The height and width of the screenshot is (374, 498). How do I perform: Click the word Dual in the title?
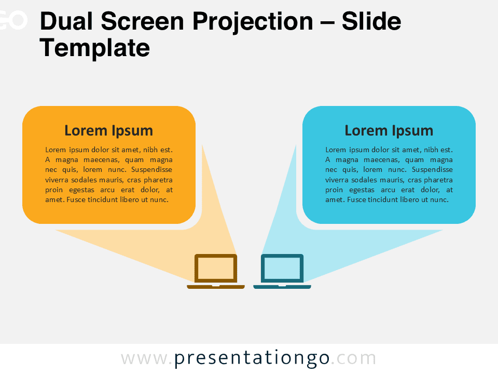[x=67, y=22]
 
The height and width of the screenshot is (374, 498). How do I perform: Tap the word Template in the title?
[x=94, y=48]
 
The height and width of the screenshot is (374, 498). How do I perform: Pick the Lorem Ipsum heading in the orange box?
[x=108, y=130]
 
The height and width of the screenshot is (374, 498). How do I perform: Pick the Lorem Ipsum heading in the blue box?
[x=389, y=130]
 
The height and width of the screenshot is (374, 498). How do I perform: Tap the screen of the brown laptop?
[x=216, y=268]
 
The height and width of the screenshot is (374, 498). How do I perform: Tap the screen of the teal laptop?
[x=282, y=268]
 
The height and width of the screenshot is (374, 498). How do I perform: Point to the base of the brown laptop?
[x=216, y=286]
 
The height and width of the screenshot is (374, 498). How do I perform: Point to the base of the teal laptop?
[x=282, y=286]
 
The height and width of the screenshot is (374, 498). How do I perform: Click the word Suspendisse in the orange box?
[x=152, y=170]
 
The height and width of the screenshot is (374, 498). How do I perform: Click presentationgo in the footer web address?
[x=252, y=358]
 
